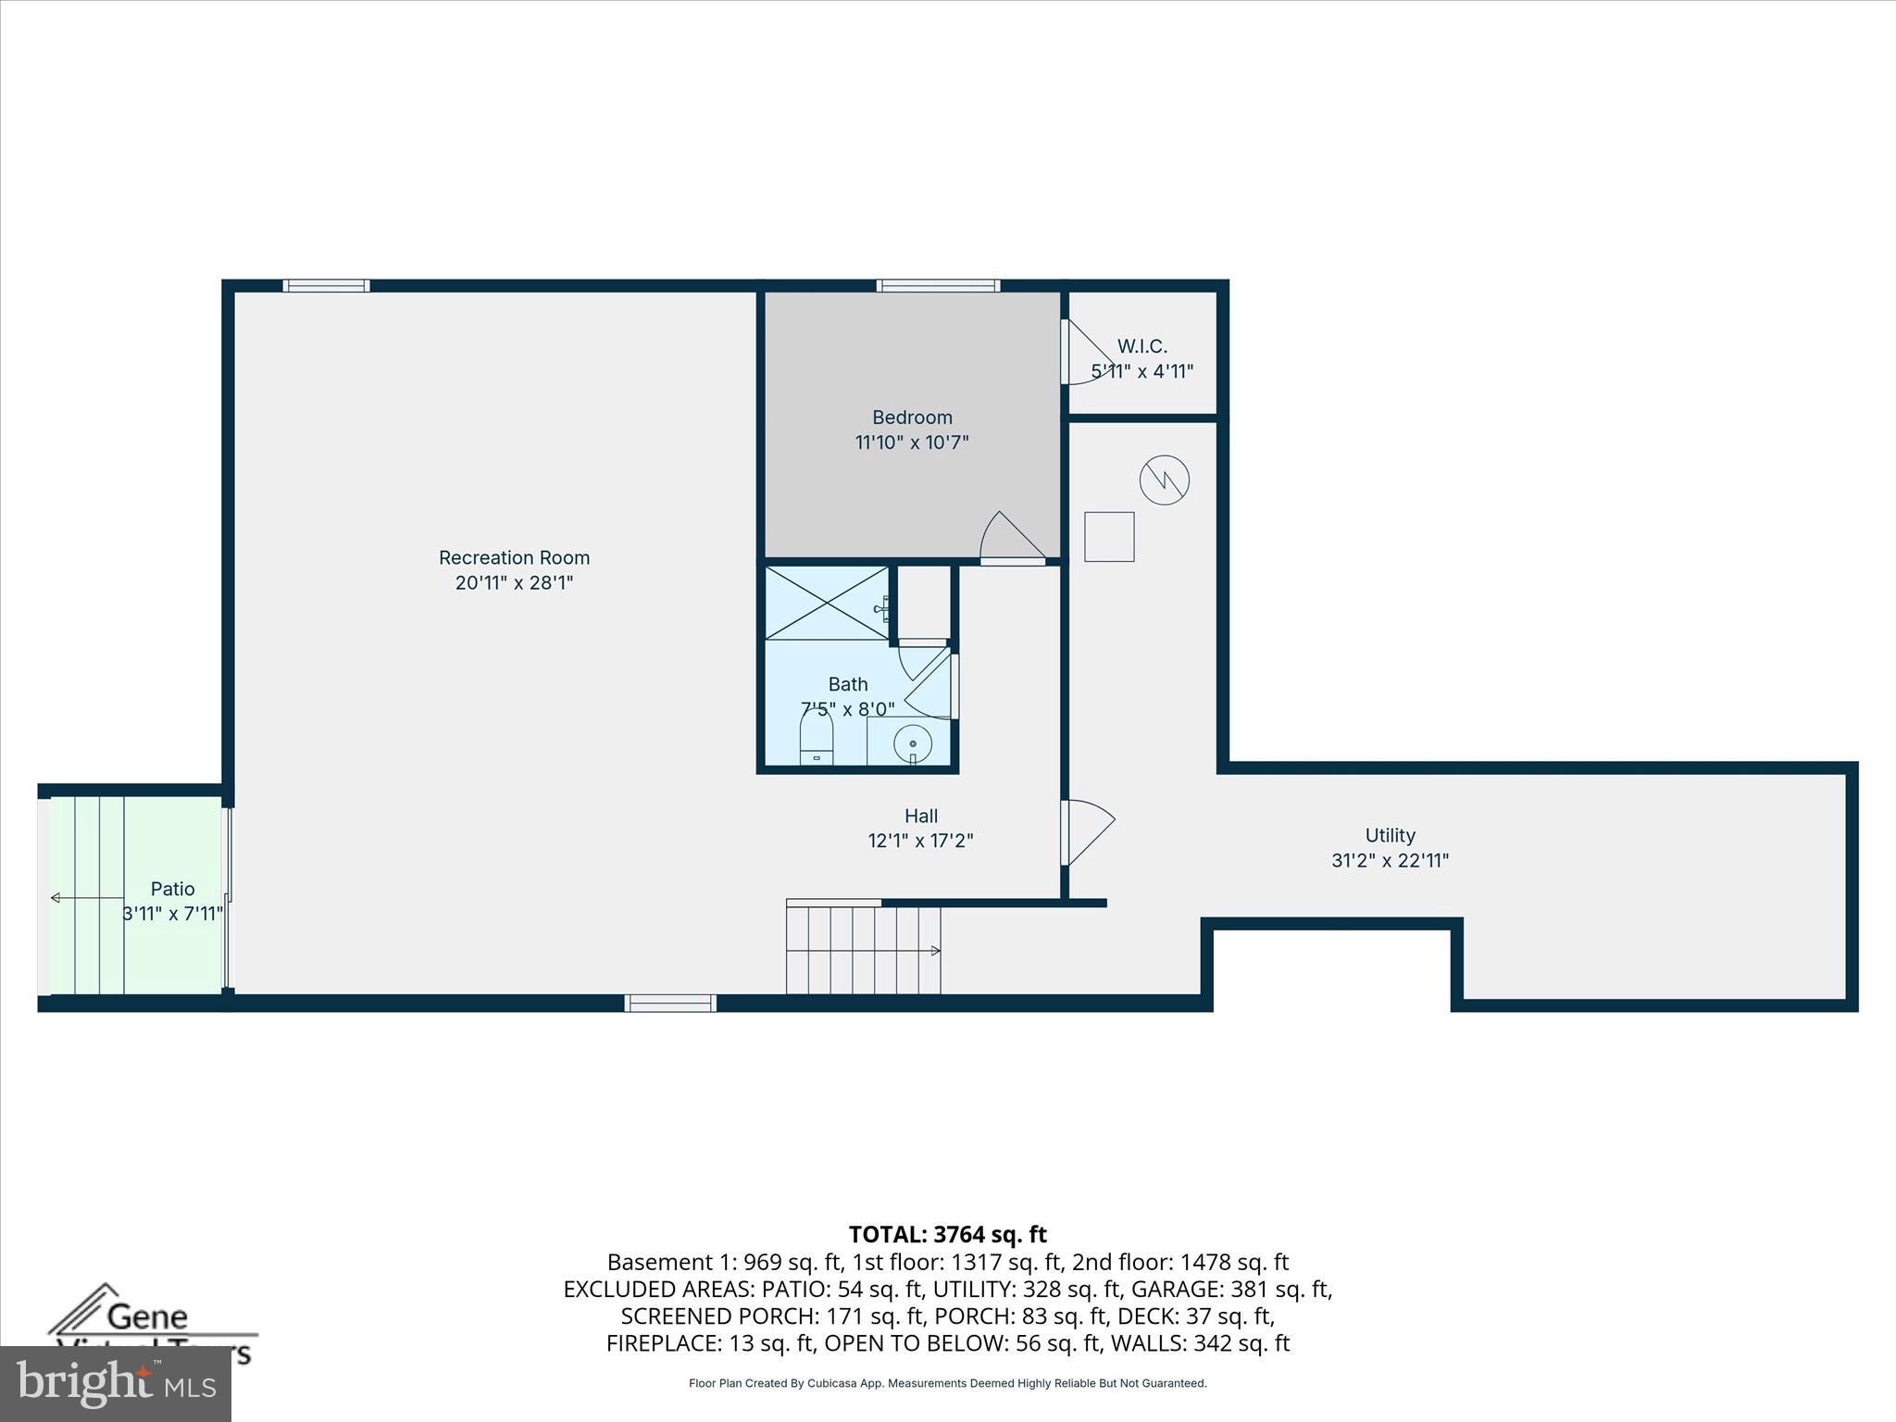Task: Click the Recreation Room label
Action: [x=514, y=557]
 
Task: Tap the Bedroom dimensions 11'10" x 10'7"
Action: [x=912, y=443]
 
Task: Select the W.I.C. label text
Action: [x=1141, y=346]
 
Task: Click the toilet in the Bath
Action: [x=817, y=741]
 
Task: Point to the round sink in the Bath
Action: [x=913, y=743]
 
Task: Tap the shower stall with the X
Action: [x=827, y=603]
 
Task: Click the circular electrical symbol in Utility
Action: [x=1164, y=480]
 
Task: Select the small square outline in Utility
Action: [x=1109, y=536]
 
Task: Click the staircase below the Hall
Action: [x=863, y=950]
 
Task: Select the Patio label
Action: [x=173, y=889]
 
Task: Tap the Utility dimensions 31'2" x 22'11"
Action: [x=1390, y=860]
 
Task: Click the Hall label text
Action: [x=920, y=816]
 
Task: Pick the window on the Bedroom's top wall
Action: [x=938, y=285]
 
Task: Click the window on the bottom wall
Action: [x=670, y=1003]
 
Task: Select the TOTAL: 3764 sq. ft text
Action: [x=947, y=1234]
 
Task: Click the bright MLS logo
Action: [x=116, y=1383]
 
